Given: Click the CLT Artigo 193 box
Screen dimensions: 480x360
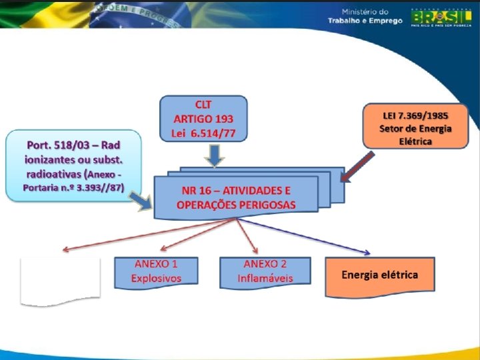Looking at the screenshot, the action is coord(203,118).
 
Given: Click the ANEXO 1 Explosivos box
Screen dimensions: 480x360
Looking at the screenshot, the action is coord(156,272).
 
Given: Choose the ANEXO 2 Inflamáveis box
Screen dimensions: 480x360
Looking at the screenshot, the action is coord(265,272).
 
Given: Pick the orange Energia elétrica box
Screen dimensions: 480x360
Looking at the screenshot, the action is coord(379,275).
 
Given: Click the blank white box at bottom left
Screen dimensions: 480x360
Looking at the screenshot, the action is coord(61,281).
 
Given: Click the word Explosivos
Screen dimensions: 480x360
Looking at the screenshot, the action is coord(156,279).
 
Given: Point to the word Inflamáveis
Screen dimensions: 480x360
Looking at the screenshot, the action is coord(265,279).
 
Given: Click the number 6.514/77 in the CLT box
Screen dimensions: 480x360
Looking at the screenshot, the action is coord(215,132).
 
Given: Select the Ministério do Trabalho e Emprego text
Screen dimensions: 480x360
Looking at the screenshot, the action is coord(365,17).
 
